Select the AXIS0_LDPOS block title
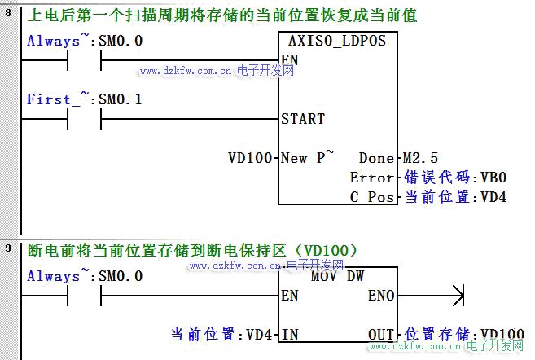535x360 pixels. pos(337,40)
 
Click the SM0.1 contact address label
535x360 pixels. pos(121,99)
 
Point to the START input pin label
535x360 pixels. pos(302,119)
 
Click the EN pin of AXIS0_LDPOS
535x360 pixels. pos(289,59)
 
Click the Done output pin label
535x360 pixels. pos(375,157)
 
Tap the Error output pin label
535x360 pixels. pos(372,178)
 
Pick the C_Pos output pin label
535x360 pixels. pos(372,197)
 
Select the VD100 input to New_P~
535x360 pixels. pos(250,157)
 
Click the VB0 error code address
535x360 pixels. pos(494,178)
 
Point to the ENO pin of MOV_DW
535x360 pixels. pos(380,296)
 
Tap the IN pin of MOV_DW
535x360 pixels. pos(289,334)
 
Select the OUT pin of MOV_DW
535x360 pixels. pos(380,334)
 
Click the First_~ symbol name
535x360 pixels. pos(54,99)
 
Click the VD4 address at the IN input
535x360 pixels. pos(258,334)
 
